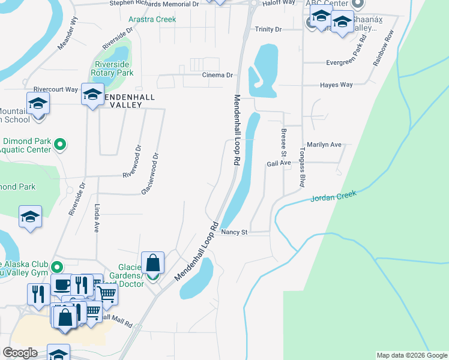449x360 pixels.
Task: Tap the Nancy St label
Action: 234,232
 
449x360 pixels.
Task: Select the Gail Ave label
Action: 279,163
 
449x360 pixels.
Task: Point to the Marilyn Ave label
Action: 324,145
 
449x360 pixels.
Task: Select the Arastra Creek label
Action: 152,19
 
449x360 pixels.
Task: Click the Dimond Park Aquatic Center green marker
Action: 59,144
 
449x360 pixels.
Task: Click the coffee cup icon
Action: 61,284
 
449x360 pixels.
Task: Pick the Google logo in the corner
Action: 19,353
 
